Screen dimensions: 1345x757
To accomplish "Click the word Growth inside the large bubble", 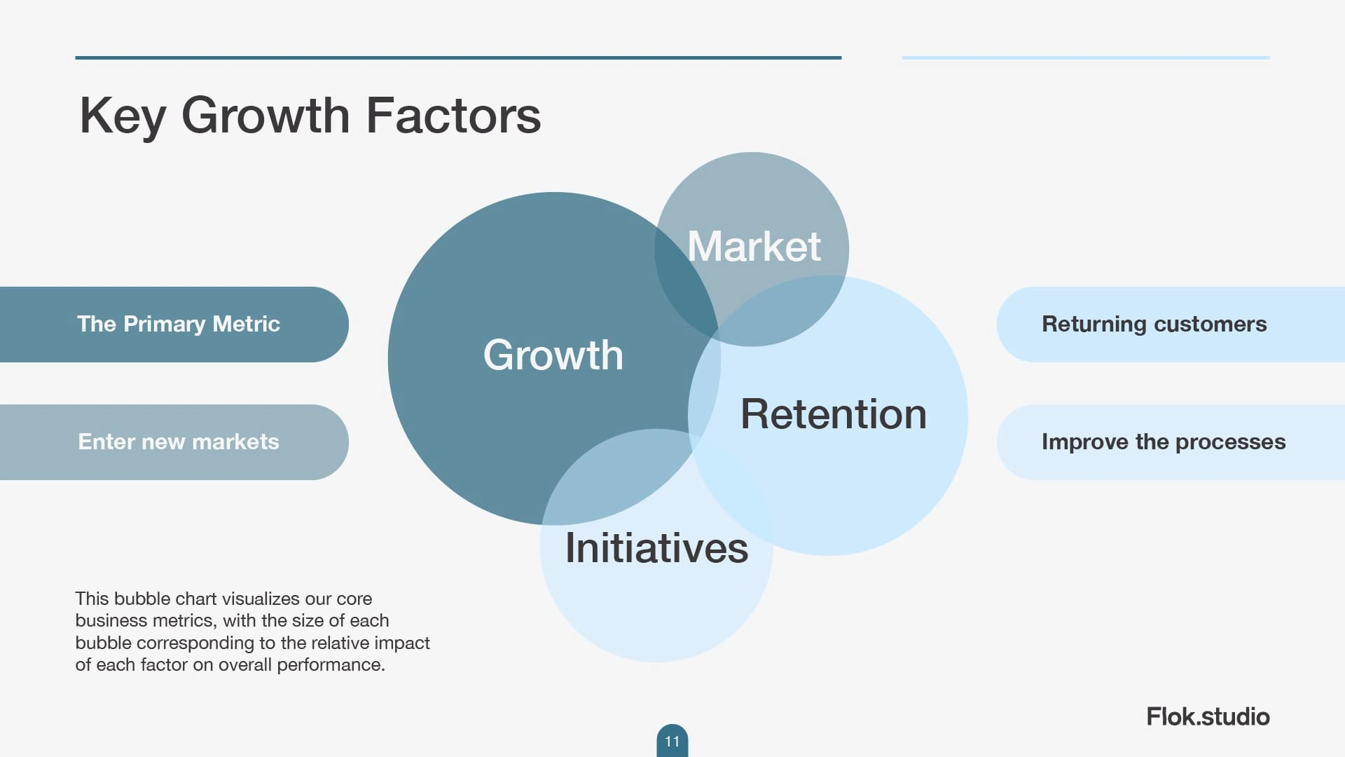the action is [553, 355].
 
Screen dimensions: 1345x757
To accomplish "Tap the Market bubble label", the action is [754, 246].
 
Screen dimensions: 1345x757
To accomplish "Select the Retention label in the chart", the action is [834, 414].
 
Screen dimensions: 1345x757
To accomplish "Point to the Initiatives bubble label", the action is [656, 547].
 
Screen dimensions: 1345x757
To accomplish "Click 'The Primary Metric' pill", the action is [174, 324].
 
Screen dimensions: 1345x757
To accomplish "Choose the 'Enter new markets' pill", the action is [174, 442].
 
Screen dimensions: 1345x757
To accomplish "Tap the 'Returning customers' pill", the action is [1171, 324].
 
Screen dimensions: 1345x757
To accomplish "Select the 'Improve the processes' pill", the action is [1171, 442].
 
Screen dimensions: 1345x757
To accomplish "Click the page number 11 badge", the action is [672, 741].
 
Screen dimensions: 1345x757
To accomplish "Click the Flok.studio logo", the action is [1208, 716].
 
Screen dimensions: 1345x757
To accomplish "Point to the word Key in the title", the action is [123, 116].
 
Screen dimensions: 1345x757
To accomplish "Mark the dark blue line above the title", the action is [458, 57].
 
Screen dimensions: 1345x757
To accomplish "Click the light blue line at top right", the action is [1086, 57].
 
